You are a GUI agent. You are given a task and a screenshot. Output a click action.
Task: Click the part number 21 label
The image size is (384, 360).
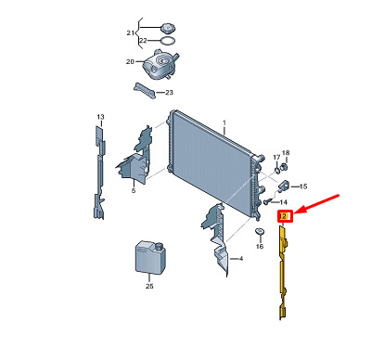[131, 32]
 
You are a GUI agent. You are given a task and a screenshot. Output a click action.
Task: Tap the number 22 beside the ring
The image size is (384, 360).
[143, 41]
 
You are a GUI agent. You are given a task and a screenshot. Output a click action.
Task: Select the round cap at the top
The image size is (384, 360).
[168, 28]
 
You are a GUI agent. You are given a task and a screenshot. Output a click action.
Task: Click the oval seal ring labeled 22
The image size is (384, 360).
[168, 41]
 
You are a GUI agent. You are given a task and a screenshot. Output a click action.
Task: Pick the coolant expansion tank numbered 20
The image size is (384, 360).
[160, 65]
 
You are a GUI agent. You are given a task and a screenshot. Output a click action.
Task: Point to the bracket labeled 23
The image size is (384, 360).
[145, 90]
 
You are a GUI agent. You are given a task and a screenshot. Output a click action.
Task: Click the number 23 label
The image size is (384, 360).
[169, 93]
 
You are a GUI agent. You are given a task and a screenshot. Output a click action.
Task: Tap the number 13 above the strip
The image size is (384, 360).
[100, 117]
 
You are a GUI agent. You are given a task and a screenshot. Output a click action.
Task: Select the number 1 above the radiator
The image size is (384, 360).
[224, 123]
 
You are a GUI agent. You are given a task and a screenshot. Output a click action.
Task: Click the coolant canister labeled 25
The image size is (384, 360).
[150, 257]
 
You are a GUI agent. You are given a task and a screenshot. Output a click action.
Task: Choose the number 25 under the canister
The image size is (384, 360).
[149, 287]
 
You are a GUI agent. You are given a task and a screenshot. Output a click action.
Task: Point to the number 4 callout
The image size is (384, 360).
[241, 258]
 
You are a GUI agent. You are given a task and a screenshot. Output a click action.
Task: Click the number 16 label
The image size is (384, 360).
[260, 246]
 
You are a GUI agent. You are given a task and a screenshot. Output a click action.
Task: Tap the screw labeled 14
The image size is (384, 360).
[268, 201]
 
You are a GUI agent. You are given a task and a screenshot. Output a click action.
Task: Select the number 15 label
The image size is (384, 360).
[303, 186]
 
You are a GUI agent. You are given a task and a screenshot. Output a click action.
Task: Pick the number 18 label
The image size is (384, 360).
[286, 153]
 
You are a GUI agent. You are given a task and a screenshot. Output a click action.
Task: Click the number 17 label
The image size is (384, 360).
[276, 158]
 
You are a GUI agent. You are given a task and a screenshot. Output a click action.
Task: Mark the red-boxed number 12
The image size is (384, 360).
[285, 216]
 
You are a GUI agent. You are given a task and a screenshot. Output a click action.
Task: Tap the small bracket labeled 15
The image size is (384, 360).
[284, 186]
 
